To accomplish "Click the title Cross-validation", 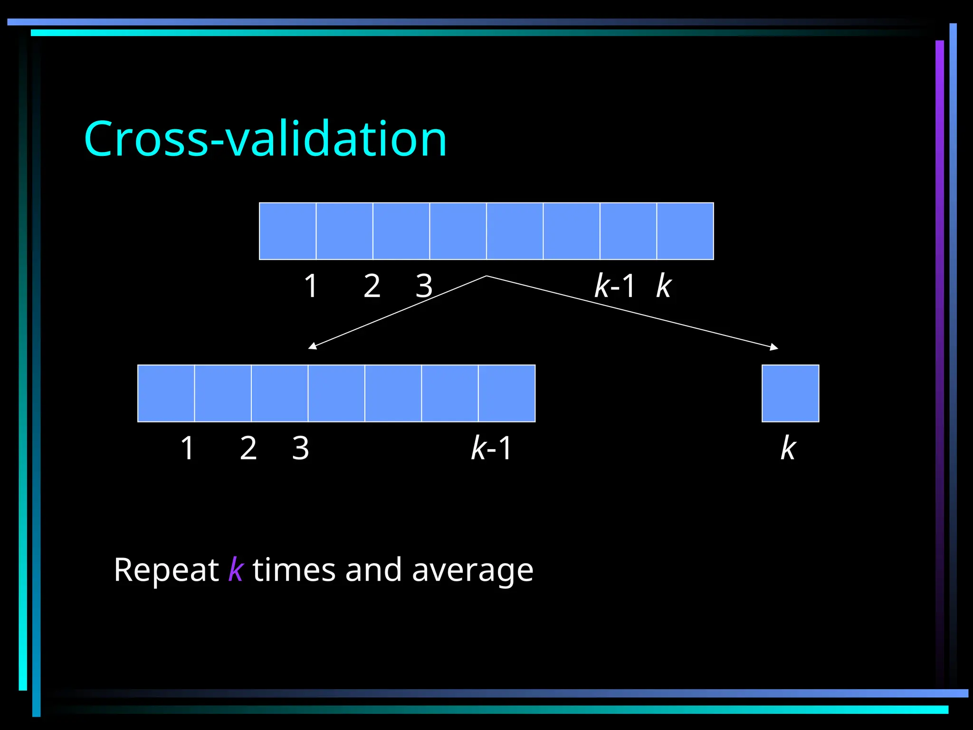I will pyautogui.click(x=265, y=139).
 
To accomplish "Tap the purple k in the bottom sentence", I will pyautogui.click(x=236, y=569).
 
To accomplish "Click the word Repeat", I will pyautogui.click(x=166, y=570).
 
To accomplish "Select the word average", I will pyautogui.click(x=472, y=570).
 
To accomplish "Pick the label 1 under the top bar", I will pyautogui.click(x=311, y=286).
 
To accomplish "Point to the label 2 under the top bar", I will pyautogui.click(x=372, y=286).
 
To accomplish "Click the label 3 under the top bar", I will pyautogui.click(x=424, y=286).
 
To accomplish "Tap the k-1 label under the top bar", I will pyautogui.click(x=614, y=286).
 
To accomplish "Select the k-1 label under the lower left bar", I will pyautogui.click(x=491, y=448).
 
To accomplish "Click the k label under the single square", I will pyautogui.click(x=788, y=448).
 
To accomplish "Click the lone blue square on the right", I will pyautogui.click(x=790, y=393).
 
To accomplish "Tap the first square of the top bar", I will pyautogui.click(x=287, y=231).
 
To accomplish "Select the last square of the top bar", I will pyautogui.click(x=685, y=231).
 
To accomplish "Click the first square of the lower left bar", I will pyautogui.click(x=166, y=393).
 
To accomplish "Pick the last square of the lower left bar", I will pyautogui.click(x=506, y=393).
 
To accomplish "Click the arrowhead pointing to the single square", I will pyautogui.click(x=774, y=347).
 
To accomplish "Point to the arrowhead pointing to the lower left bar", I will pyautogui.click(x=312, y=346).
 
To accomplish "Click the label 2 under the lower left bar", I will pyautogui.click(x=248, y=448).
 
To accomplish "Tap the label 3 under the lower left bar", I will pyautogui.click(x=300, y=448).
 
